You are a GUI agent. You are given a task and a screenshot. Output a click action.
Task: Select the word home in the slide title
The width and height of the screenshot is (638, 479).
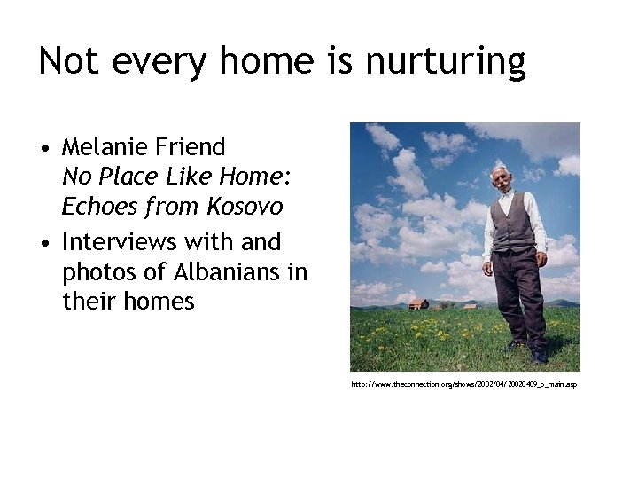[x=267, y=61]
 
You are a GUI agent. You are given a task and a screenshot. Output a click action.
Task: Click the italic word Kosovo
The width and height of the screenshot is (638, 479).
[x=245, y=207]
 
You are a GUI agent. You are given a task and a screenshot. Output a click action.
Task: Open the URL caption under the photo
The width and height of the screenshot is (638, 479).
[x=463, y=384]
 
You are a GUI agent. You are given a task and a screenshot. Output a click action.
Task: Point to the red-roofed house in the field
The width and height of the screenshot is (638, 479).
[x=418, y=303]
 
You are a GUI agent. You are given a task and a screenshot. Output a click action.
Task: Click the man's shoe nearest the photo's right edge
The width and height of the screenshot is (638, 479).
[x=540, y=357]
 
